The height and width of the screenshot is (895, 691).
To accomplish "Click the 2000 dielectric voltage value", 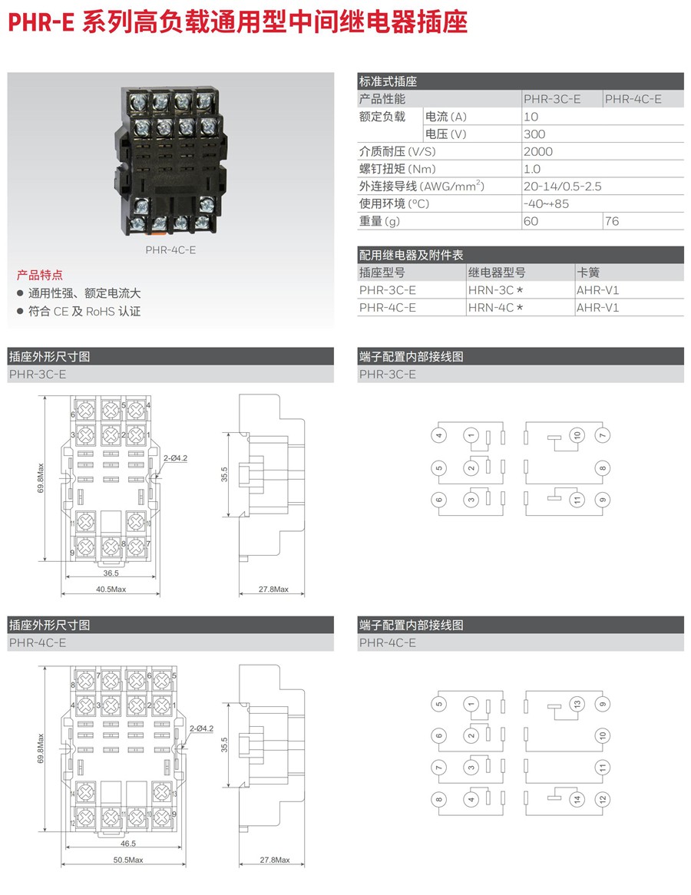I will point(537,152).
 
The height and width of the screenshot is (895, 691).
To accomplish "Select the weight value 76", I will point(612,221).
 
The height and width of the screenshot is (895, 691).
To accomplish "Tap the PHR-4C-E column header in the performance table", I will point(633,99).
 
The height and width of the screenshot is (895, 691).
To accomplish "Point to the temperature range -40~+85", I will point(546,203).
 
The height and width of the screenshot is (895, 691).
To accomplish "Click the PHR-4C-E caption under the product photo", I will point(170,249).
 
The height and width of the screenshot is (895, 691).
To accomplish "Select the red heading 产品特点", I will point(40,275).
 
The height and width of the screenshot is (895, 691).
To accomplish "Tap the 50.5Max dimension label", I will point(128,860).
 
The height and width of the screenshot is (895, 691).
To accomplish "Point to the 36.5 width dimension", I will point(111,573).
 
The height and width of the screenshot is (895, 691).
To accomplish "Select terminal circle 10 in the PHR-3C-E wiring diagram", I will point(577,435).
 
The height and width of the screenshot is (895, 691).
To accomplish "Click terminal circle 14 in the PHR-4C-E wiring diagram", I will point(577,799).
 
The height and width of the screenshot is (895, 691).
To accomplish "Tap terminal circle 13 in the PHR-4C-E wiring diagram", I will point(577,704).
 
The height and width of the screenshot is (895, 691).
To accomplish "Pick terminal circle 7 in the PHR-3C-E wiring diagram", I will point(603,435).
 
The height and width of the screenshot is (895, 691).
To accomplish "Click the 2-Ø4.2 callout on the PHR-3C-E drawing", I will point(176,458).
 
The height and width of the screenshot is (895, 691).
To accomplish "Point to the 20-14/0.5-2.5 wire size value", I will point(562,187).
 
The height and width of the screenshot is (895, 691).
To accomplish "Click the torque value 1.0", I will point(531,169).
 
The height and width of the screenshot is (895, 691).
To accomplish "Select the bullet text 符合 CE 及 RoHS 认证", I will point(84,312).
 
